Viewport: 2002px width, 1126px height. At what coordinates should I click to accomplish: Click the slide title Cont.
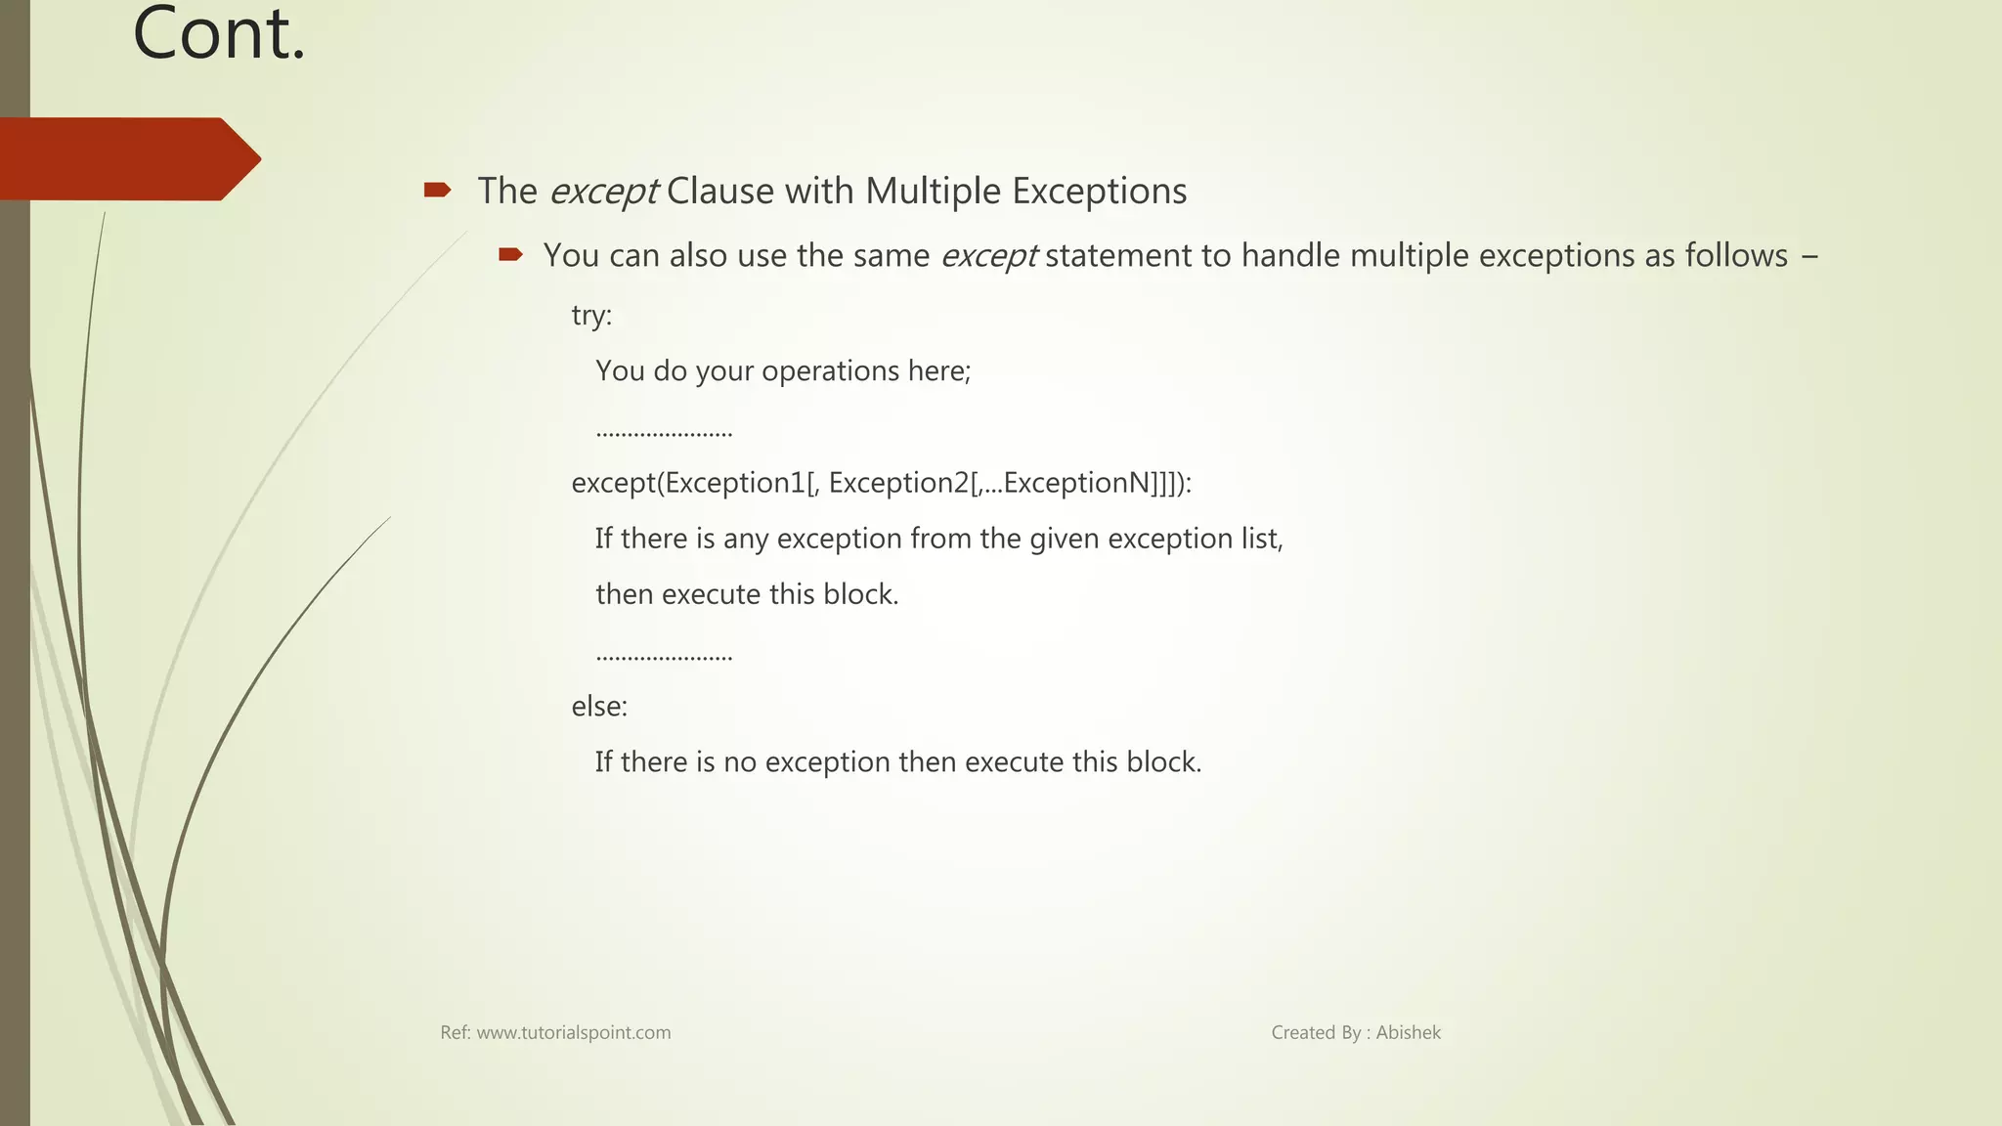coord(219,35)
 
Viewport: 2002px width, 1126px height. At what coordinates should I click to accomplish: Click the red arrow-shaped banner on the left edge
coord(127,159)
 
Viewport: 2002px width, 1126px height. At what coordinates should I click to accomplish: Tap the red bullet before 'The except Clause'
coord(437,190)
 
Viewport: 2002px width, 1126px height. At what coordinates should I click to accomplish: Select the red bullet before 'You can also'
coord(510,255)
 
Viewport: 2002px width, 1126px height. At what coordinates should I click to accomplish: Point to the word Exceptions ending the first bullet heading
coord(1099,192)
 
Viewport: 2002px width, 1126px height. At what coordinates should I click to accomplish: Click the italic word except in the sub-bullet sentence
coord(988,256)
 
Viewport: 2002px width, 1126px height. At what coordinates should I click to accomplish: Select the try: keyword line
coord(591,316)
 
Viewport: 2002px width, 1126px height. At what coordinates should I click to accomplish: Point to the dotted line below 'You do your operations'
coord(664,432)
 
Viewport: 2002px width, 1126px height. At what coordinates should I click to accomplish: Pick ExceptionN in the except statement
coord(1075,483)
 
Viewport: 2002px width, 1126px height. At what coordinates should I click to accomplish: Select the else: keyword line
coord(599,706)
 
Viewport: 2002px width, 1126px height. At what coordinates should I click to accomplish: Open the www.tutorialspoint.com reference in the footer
coord(573,1033)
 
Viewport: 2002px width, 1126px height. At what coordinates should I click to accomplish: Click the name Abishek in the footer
coord(1408,1033)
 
